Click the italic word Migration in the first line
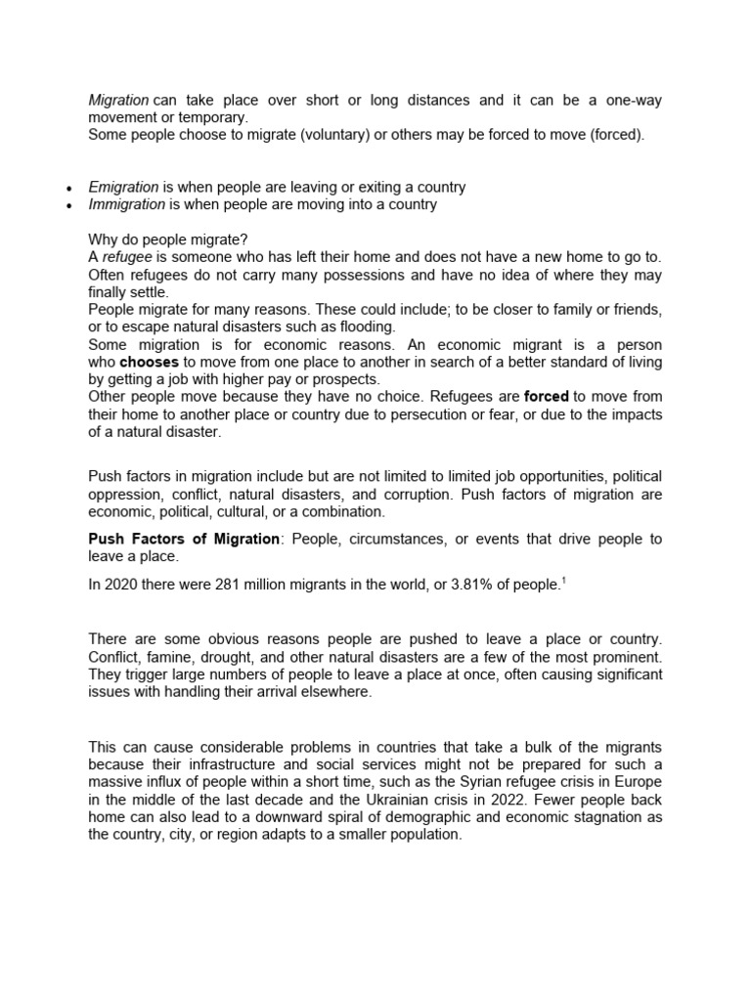pos(118,101)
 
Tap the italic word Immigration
pos(126,204)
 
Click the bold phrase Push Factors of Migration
pos(184,540)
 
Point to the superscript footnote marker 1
pos(563,581)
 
